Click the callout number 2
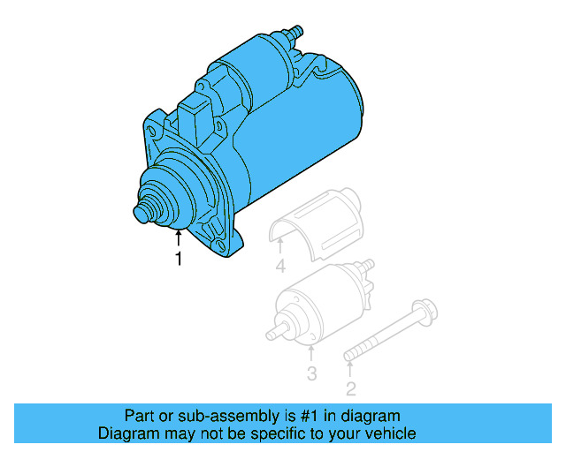coord(350,388)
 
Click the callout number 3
coord(311,373)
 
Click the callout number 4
coord(280,266)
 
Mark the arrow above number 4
coord(280,246)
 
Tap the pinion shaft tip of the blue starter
coord(140,214)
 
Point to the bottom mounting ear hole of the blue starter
coord(218,240)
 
